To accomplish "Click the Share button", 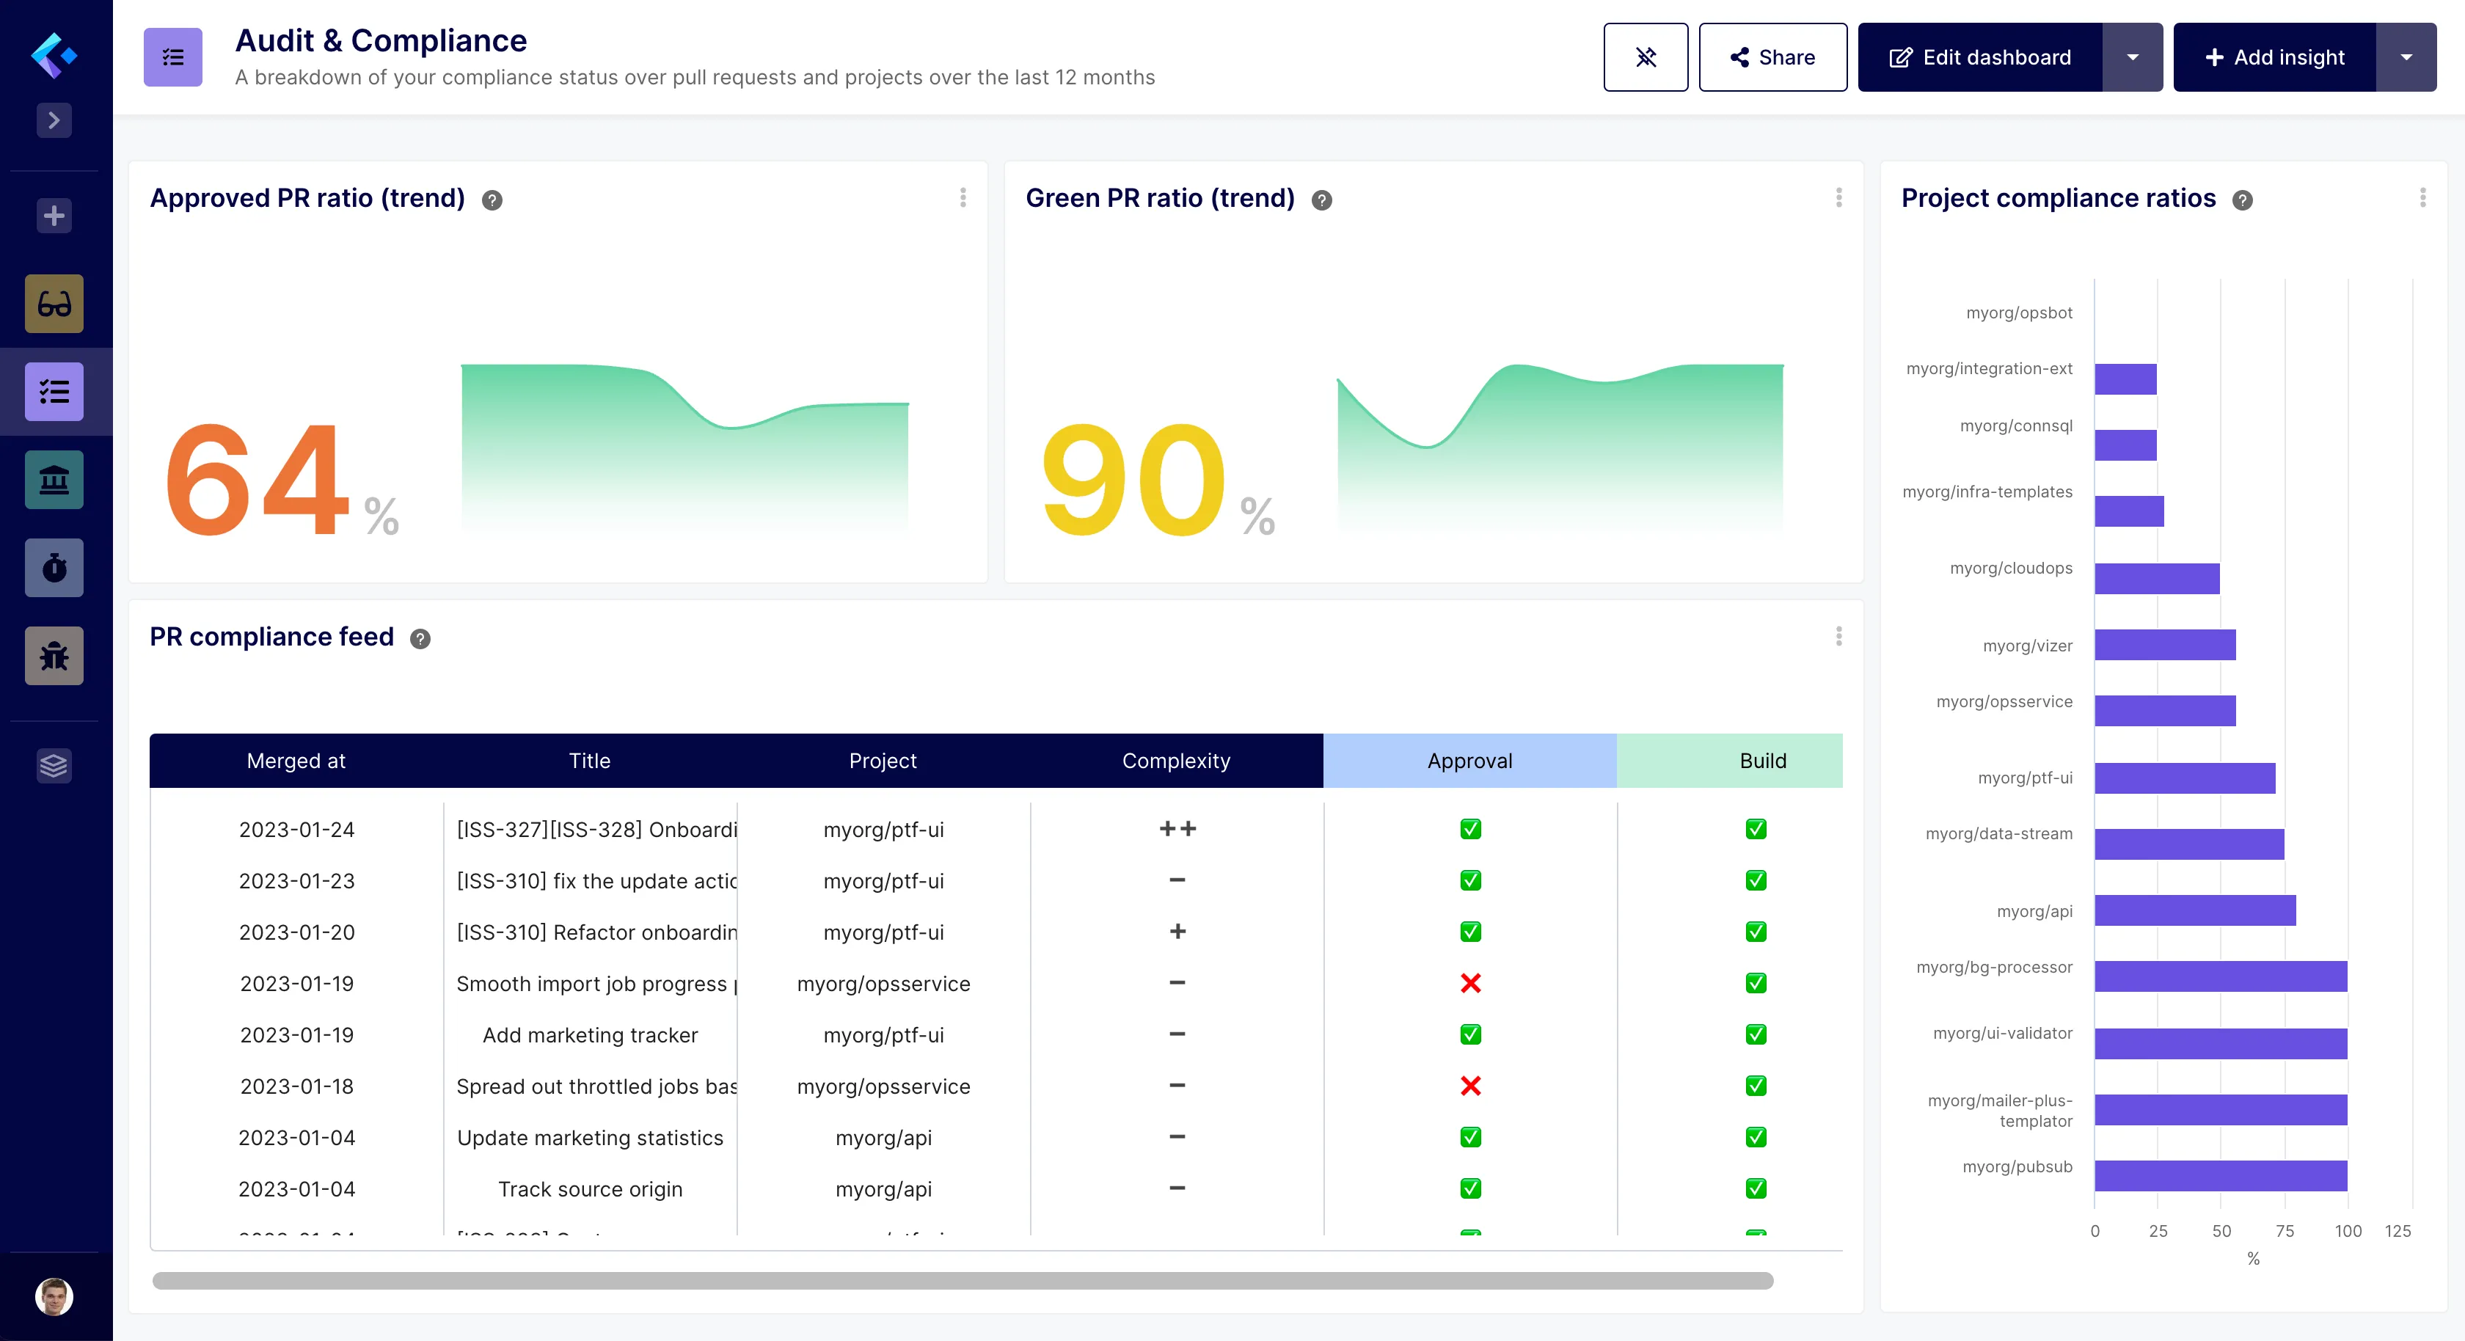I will [x=1772, y=57].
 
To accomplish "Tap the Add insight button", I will [x=2274, y=57].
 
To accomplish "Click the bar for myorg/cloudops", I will [x=2156, y=579].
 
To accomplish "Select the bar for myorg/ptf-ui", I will [x=2184, y=778].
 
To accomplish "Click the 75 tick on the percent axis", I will [x=2284, y=1231].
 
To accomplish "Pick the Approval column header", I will [x=1469, y=761].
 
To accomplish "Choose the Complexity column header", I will [x=1175, y=761].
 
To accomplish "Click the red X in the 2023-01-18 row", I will [x=1469, y=1086].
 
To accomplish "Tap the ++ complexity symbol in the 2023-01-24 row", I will [x=1177, y=829].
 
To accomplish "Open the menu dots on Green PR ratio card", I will [x=1838, y=198].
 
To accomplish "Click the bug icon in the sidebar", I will [x=54, y=657].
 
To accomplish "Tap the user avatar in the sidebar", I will [x=54, y=1297].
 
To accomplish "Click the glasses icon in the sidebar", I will [x=54, y=304].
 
